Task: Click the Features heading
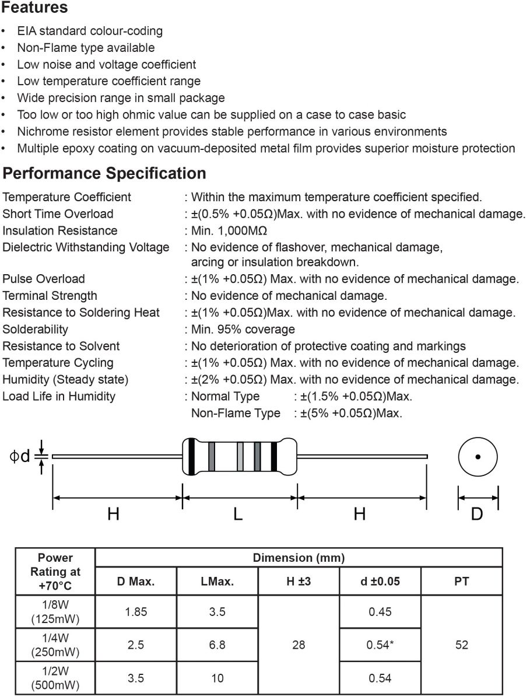(35, 8)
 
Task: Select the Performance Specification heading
(104, 173)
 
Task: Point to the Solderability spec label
(36, 330)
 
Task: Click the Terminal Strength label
(50, 296)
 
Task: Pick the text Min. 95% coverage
(243, 330)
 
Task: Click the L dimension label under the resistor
(238, 514)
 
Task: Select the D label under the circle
(477, 514)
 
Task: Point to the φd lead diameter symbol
(20, 456)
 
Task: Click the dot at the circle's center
(478, 457)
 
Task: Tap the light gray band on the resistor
(240, 456)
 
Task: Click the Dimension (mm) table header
(299, 558)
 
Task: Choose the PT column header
(461, 581)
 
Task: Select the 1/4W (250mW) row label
(55, 645)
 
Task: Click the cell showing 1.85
(136, 612)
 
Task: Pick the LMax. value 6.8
(217, 645)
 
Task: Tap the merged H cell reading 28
(299, 645)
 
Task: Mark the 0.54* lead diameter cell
(380, 645)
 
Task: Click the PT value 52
(461, 645)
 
